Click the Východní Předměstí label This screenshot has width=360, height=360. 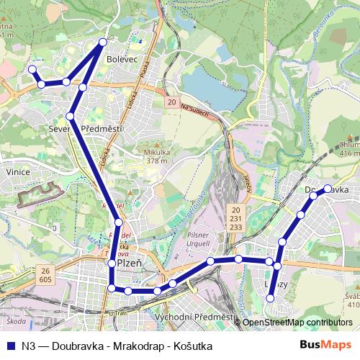pos(195,318)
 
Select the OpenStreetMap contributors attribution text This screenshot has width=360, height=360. pos(297,323)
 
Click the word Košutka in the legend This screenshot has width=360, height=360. pos(192,345)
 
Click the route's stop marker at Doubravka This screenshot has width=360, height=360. pos(328,189)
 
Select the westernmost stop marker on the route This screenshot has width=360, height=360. pos(32,69)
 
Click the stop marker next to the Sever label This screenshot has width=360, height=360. pos(71,116)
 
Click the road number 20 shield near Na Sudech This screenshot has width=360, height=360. pos(171,103)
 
